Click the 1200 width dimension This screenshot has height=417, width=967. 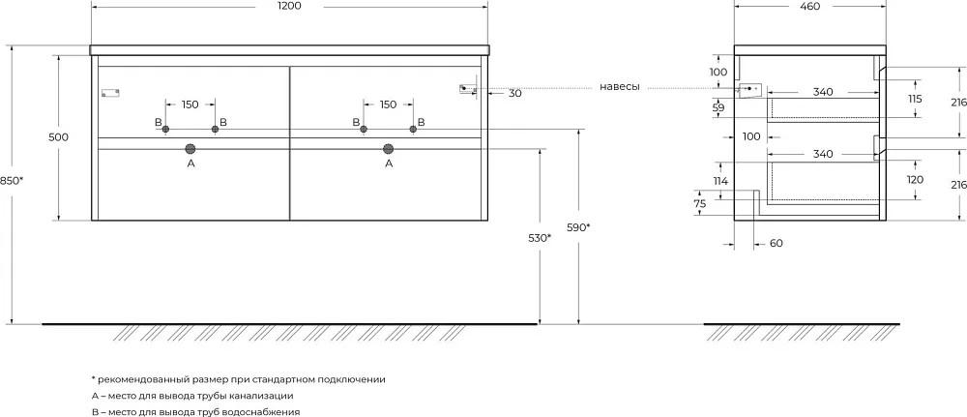289,6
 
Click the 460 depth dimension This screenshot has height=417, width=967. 809,6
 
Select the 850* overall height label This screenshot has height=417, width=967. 12,180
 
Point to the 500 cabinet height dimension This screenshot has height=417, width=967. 58,137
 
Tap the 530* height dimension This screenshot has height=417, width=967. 540,237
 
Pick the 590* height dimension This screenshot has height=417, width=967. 579,227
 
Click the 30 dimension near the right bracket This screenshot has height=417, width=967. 515,94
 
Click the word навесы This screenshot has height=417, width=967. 619,87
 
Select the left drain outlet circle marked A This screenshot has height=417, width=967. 190,148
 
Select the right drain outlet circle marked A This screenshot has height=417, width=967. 388,148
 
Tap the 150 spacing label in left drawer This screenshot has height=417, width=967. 190,104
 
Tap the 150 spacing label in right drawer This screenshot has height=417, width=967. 388,104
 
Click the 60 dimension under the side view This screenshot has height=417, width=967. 777,244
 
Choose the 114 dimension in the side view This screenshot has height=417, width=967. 721,181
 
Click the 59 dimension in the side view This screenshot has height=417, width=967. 718,108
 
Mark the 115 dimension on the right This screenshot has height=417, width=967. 915,99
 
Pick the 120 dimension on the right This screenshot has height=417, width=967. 915,180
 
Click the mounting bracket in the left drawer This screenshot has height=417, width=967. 110,93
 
